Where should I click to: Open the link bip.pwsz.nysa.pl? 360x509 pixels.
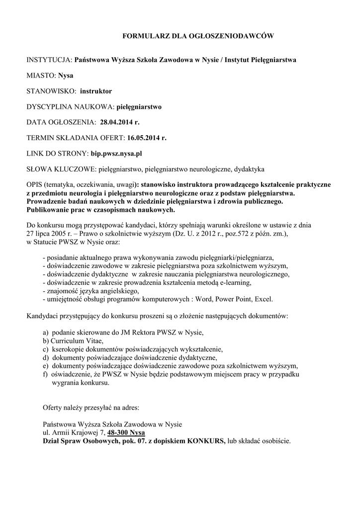(120, 154)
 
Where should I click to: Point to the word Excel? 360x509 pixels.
(263, 299)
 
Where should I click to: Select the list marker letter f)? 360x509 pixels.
(46, 375)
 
